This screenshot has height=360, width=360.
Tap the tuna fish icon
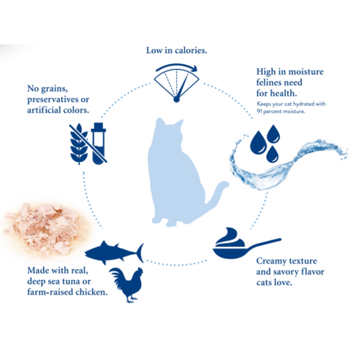click(x=114, y=253)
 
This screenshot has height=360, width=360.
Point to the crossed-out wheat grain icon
click(x=79, y=144)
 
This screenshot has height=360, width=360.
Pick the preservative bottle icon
click(x=99, y=144)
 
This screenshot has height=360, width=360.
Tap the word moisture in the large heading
click(x=306, y=72)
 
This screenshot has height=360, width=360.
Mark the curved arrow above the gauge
click(x=176, y=67)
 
